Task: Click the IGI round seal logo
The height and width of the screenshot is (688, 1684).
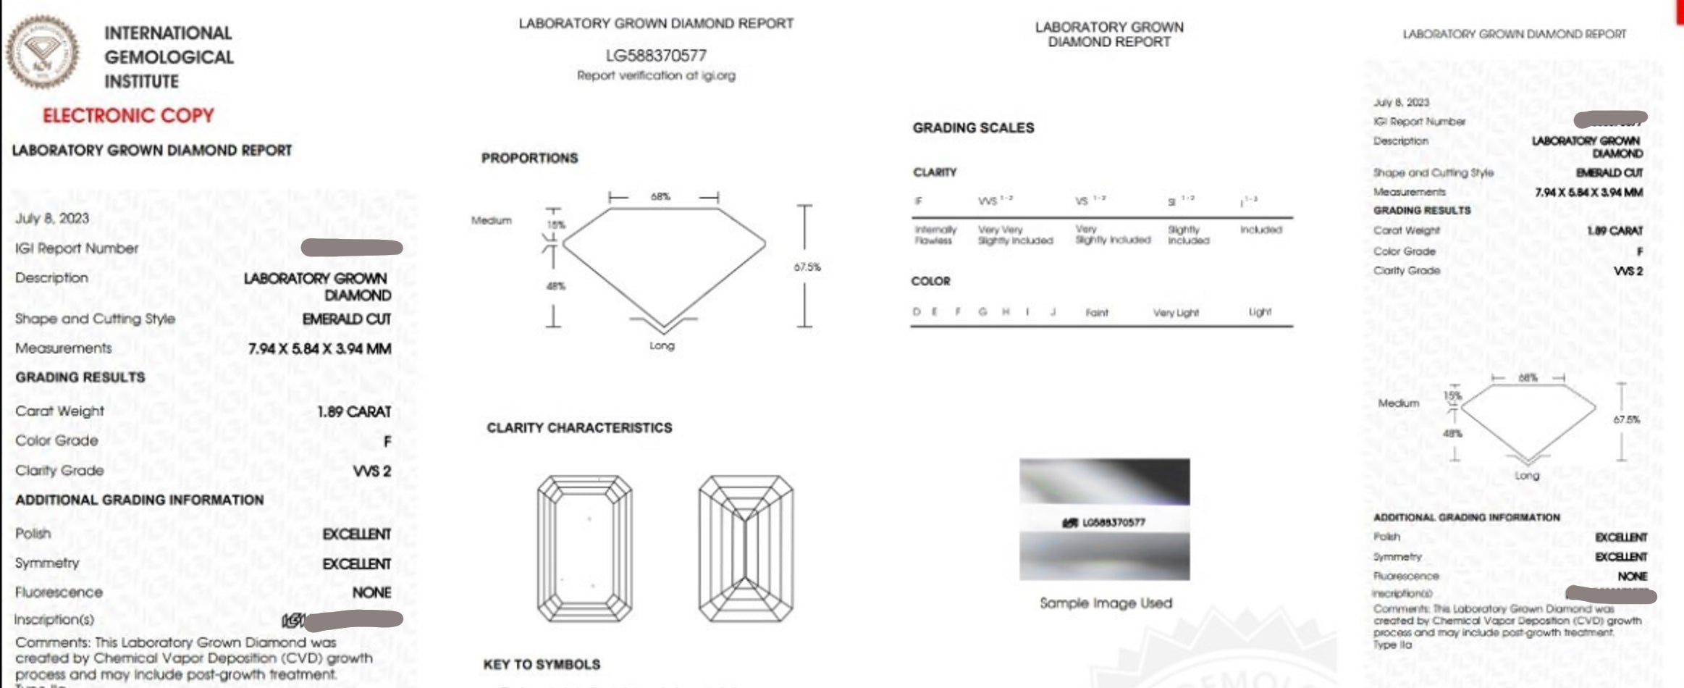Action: click(42, 52)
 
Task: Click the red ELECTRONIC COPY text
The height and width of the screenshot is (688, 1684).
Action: click(128, 116)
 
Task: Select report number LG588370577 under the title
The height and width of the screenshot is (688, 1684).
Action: click(656, 55)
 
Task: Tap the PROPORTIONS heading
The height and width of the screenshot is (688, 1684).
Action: click(529, 158)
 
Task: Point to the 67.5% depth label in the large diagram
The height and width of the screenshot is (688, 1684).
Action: click(807, 267)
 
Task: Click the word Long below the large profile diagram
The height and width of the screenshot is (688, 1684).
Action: click(662, 345)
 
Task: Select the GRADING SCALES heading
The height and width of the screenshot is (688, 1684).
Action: click(972, 128)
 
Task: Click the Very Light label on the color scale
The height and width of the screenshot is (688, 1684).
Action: click(1176, 313)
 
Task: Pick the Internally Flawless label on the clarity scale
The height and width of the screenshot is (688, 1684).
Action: click(935, 235)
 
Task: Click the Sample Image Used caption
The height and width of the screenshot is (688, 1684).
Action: click(1106, 603)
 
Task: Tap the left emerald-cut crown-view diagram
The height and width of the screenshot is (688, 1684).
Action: click(585, 548)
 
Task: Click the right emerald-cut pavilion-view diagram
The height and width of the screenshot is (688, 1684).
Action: click(746, 548)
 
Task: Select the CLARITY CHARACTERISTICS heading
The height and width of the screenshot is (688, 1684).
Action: click(579, 428)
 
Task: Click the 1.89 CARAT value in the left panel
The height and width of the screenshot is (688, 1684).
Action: click(354, 411)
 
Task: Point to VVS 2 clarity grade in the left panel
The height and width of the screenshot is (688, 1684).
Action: click(371, 471)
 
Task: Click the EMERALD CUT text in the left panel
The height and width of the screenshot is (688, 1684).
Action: click(346, 319)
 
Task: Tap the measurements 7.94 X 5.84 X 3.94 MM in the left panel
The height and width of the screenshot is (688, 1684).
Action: click(319, 349)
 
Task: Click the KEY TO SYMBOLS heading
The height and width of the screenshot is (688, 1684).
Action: click(542, 664)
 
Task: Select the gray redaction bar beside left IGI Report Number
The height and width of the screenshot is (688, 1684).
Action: click(352, 248)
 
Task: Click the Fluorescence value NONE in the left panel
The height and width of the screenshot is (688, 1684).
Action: click(371, 592)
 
